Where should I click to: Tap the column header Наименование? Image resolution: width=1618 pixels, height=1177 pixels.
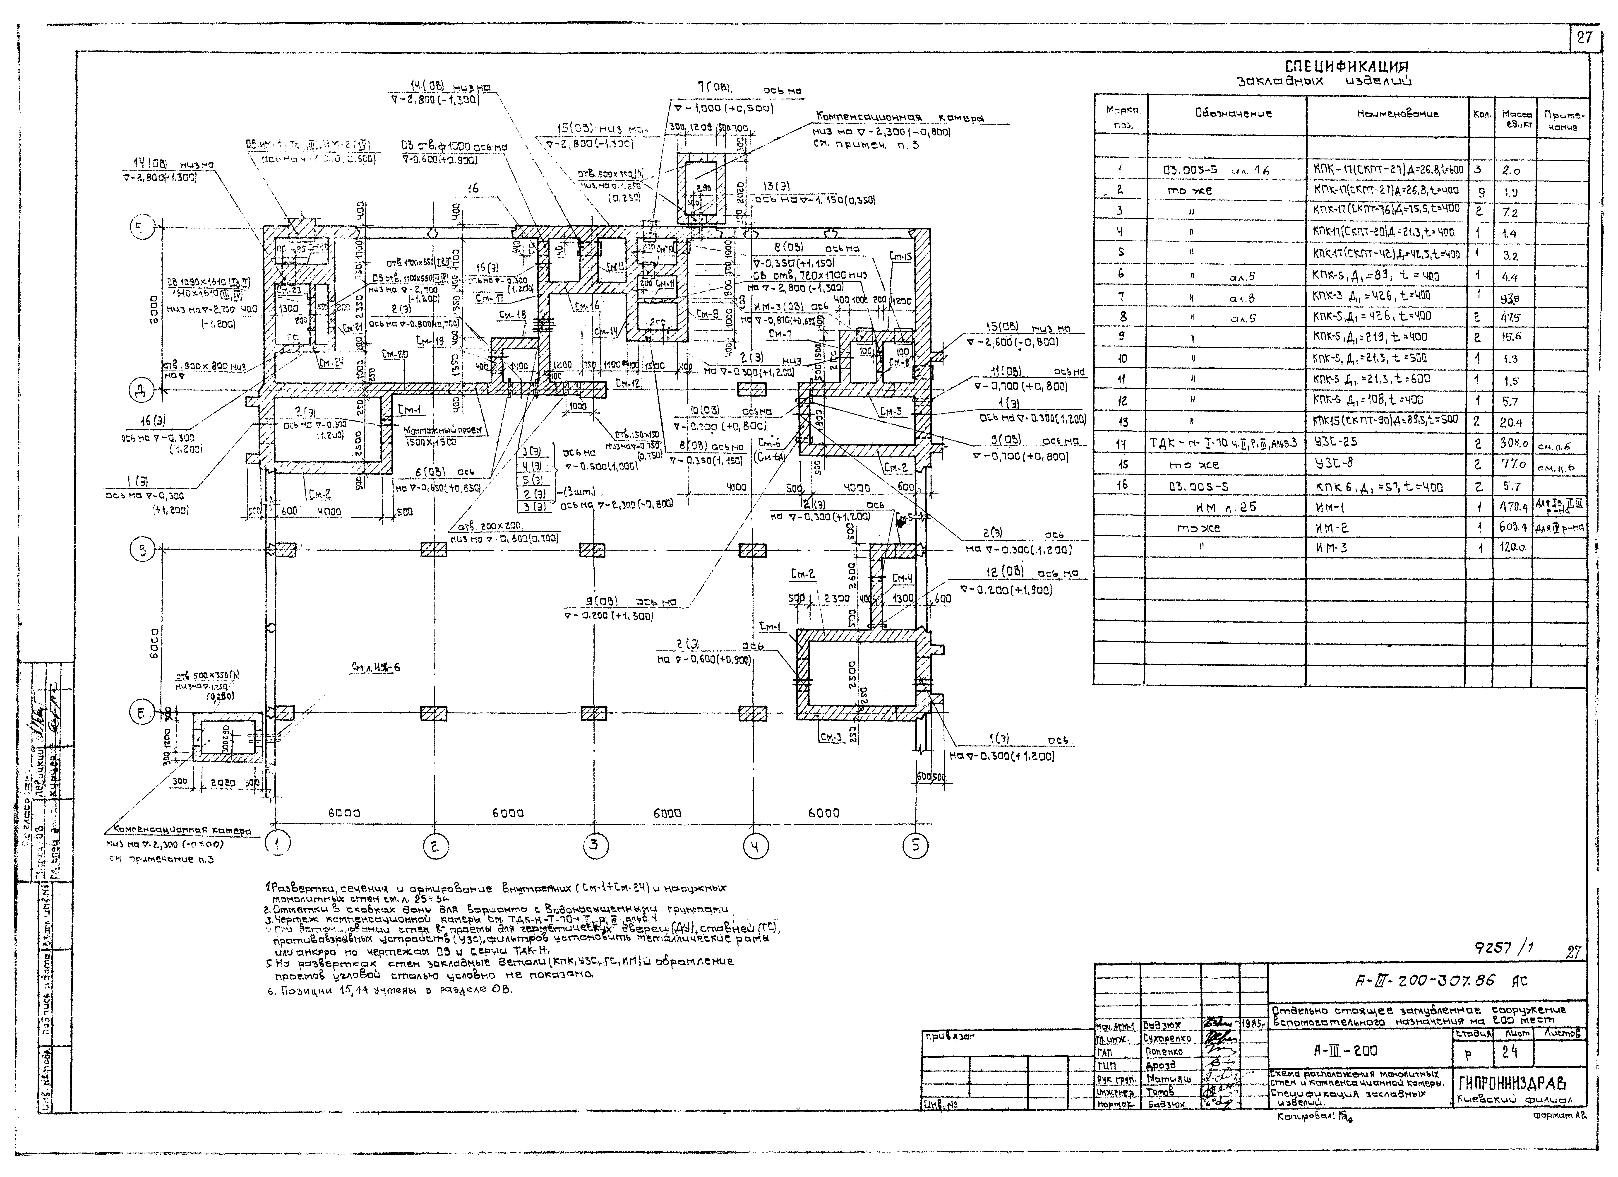[1387, 113]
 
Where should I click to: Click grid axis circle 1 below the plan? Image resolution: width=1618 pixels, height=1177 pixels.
[278, 844]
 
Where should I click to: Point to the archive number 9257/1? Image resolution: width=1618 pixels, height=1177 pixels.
[1504, 948]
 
